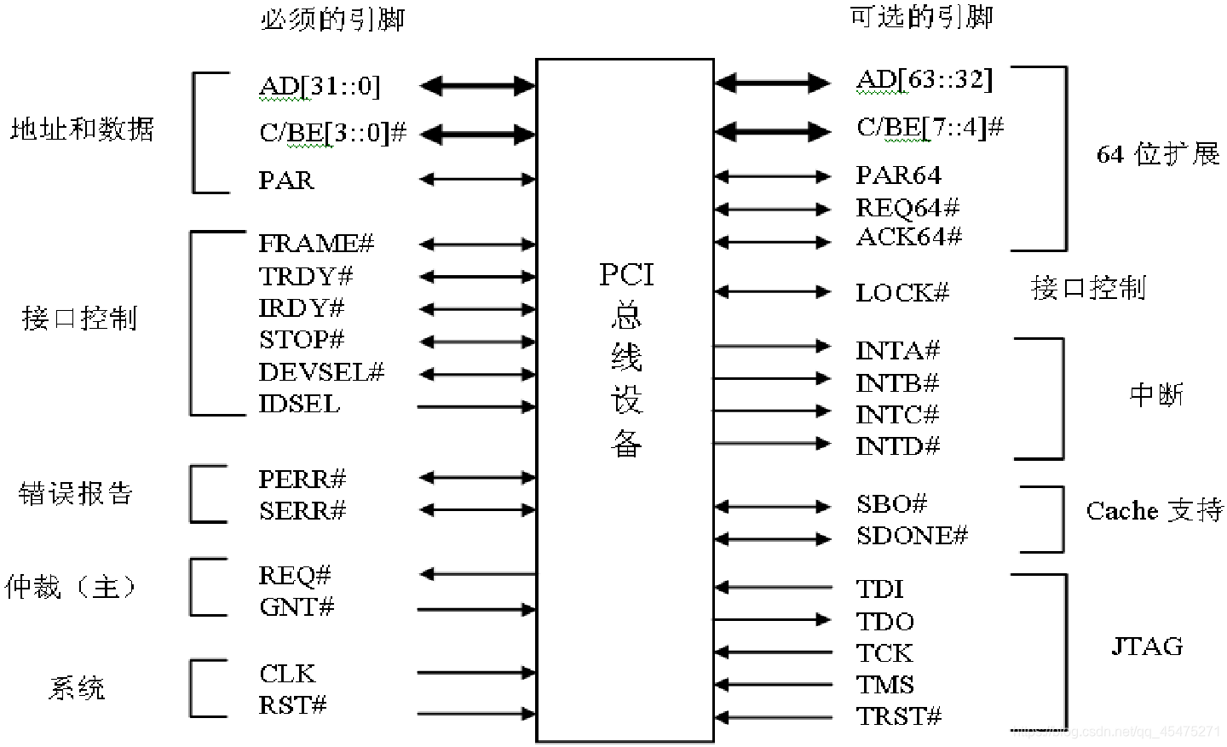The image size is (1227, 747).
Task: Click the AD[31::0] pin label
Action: [320, 86]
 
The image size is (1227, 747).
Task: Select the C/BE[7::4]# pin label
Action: [930, 128]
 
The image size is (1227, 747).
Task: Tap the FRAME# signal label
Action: [316, 244]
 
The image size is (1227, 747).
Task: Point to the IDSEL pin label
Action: [299, 404]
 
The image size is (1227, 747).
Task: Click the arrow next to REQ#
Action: [477, 574]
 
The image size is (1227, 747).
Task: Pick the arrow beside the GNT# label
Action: [477, 609]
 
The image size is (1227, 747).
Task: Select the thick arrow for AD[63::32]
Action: [772, 83]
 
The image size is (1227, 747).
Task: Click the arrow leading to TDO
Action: [772, 620]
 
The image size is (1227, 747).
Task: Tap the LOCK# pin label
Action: [902, 293]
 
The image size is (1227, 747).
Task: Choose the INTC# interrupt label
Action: [897, 415]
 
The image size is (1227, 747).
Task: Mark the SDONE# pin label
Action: [912, 536]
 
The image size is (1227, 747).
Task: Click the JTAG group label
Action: [1147, 646]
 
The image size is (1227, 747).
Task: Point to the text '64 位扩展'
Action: [1157, 154]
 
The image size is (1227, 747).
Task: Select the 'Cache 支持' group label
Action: [1154, 511]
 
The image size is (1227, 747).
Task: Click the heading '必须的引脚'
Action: [331, 19]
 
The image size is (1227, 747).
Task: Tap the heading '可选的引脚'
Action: [921, 17]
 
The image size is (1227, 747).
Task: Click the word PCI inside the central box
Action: [626, 275]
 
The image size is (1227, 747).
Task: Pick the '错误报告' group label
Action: [76, 494]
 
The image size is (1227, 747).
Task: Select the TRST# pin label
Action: [899, 717]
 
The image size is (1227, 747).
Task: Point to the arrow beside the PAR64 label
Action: [772, 177]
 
